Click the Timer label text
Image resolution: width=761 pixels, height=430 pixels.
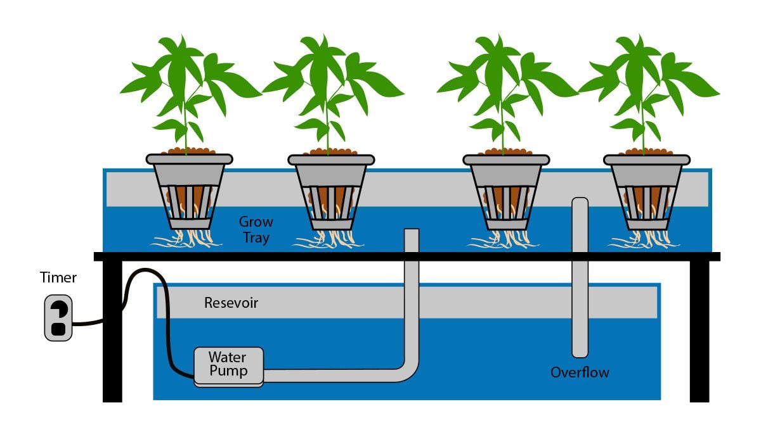(x=58, y=277)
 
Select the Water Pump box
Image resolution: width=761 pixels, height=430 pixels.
(x=228, y=365)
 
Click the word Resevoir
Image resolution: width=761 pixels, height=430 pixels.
(x=231, y=303)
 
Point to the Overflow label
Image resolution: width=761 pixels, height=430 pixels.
(x=580, y=372)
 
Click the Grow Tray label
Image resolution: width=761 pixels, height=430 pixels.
(x=256, y=230)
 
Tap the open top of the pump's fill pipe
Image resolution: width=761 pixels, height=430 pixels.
(x=411, y=232)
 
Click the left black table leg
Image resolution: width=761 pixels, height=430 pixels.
(x=112, y=329)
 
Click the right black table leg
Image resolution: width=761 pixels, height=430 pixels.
(x=699, y=329)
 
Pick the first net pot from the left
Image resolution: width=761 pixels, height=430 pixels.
(x=189, y=190)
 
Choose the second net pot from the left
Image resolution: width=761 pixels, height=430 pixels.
(x=331, y=190)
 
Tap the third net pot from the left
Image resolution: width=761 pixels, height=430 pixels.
(x=505, y=190)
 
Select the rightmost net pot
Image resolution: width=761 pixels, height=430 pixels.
(x=646, y=190)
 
